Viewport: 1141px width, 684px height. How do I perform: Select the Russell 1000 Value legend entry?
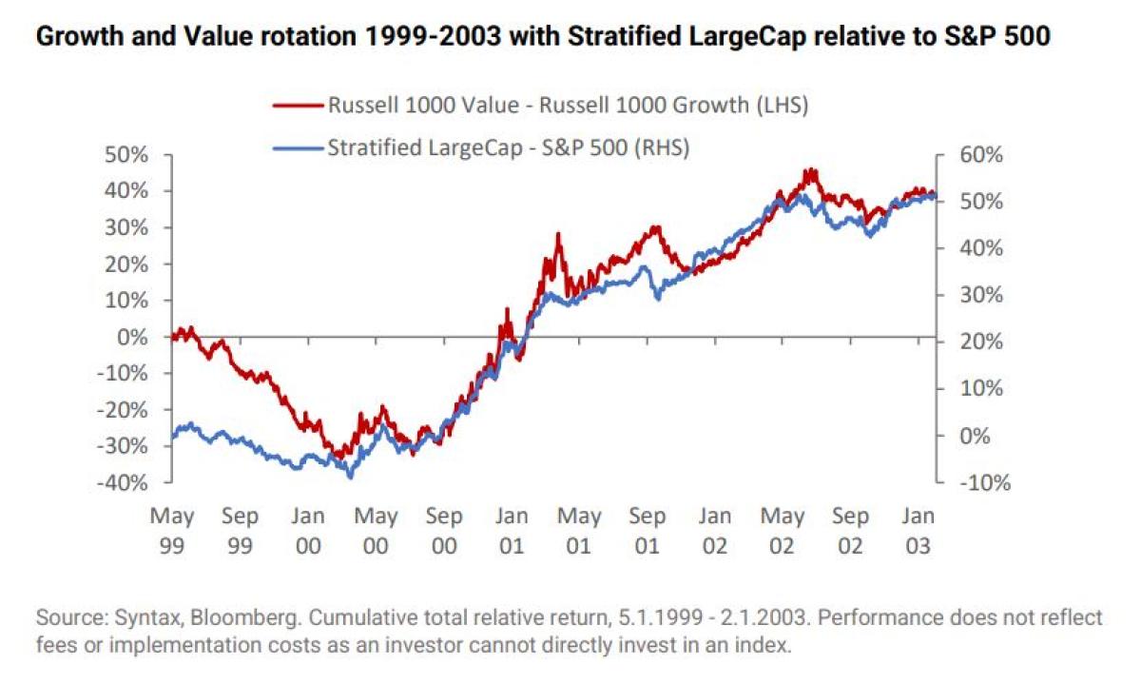click(568, 106)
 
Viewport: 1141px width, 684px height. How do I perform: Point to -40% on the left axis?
click(126, 482)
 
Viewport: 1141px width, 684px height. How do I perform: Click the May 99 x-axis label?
click(173, 531)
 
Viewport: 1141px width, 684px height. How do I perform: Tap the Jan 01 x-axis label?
click(512, 531)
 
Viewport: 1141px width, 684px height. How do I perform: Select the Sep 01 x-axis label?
click(647, 531)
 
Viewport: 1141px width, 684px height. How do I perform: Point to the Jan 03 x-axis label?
click(918, 531)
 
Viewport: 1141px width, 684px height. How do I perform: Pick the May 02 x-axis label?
click(783, 531)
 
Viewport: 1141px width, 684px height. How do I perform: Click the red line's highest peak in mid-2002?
click(810, 170)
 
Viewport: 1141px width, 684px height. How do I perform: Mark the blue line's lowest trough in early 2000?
click(350, 476)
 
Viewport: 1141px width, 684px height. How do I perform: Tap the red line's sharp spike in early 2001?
click(558, 234)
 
